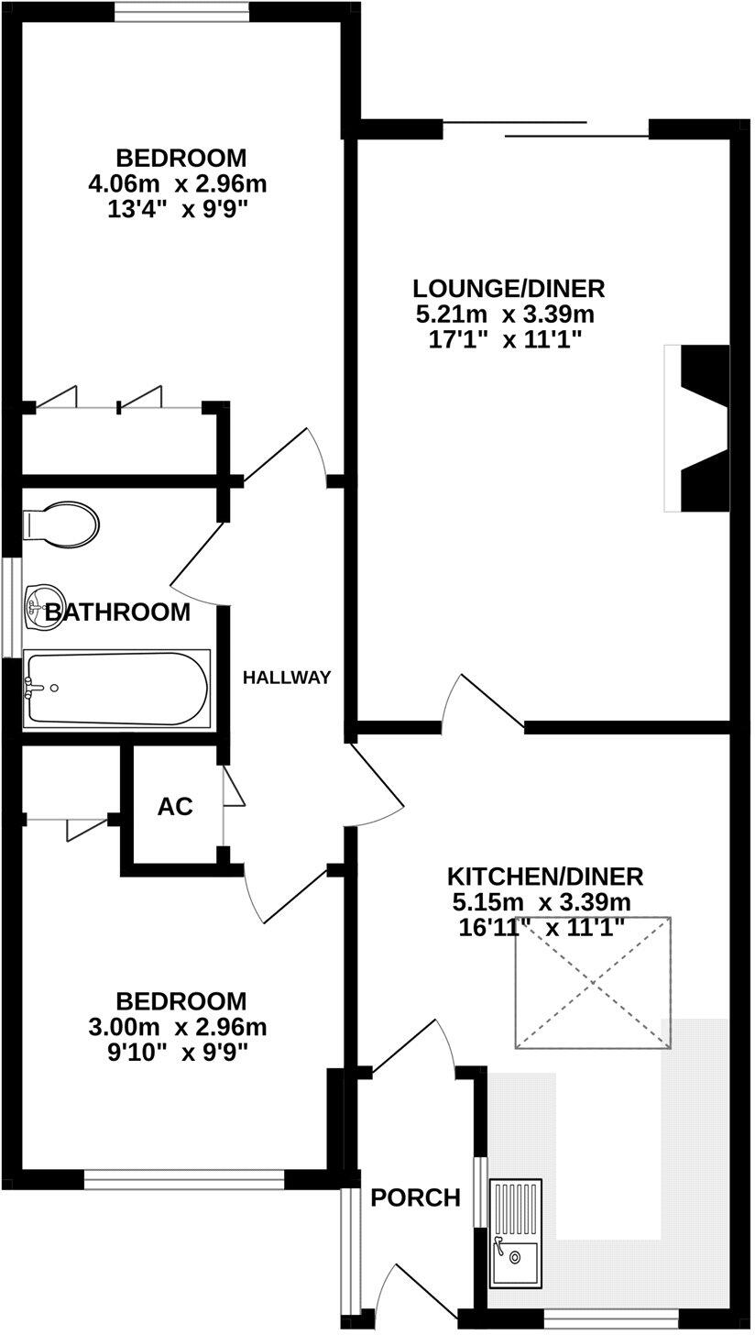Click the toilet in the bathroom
(x=61, y=524)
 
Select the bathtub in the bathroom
(x=117, y=688)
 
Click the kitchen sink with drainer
(x=515, y=1230)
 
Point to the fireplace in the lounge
(x=701, y=428)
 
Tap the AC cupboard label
(x=175, y=807)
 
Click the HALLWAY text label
(x=286, y=679)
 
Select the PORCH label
(x=415, y=1197)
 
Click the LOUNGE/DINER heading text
(x=509, y=289)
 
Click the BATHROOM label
(x=118, y=612)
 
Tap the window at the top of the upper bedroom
(x=181, y=11)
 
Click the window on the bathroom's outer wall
(x=9, y=606)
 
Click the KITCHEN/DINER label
(x=545, y=876)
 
